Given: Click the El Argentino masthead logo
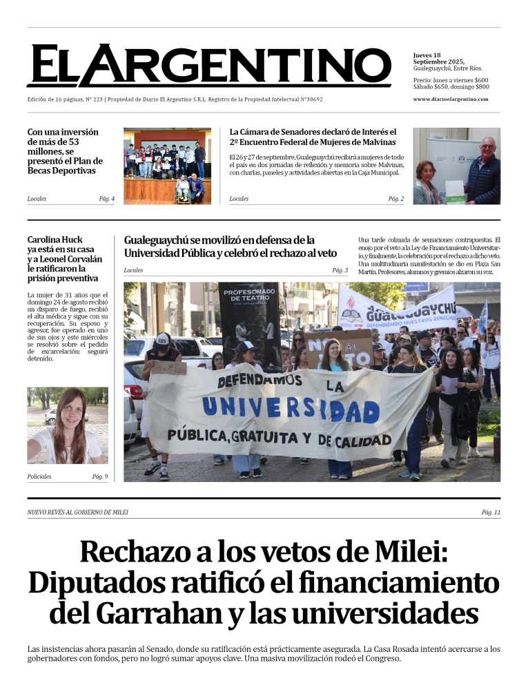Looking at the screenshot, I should point(208,66).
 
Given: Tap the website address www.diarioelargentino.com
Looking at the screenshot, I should point(451,99).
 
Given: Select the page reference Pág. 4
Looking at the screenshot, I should point(106,199).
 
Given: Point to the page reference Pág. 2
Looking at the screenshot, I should point(395,199).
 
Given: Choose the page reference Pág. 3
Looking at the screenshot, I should point(340,270).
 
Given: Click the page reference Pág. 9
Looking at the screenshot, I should point(99,477).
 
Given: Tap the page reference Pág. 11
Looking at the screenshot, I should point(491,512).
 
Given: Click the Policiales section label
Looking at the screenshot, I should point(39,477).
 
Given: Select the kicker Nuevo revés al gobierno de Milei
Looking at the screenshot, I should point(78,512).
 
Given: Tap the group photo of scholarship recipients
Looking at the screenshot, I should point(167,166).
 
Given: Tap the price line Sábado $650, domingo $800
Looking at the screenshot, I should point(451,87).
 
